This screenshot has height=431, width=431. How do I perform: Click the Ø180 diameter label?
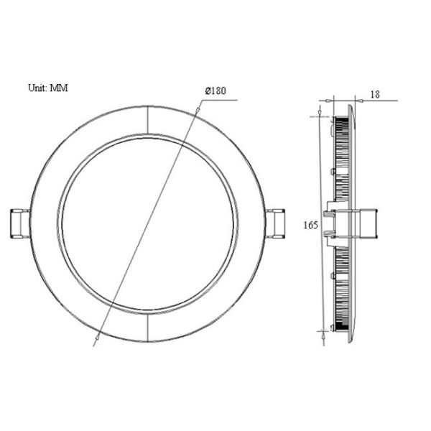(x=215, y=91)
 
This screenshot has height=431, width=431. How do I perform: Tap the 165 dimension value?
(x=310, y=226)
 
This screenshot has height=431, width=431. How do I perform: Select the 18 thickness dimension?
(x=376, y=94)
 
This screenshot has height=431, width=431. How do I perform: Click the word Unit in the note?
(x=37, y=88)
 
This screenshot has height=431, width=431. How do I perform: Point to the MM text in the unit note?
(x=59, y=88)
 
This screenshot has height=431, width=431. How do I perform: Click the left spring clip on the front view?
(x=19, y=223)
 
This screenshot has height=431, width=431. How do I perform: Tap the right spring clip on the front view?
(x=277, y=223)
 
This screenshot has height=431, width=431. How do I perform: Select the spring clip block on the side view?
(x=366, y=223)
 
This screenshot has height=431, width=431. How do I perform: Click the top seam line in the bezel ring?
(x=147, y=120)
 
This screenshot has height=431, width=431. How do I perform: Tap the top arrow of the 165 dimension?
(x=320, y=115)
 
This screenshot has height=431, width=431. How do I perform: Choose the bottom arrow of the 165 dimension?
(x=320, y=331)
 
